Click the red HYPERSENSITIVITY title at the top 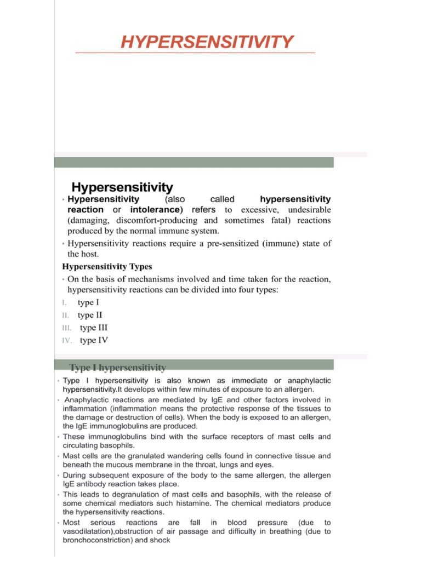207,42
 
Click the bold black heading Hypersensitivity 123,188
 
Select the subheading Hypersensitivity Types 107,267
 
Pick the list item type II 90,315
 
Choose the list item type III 94,328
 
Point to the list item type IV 94,340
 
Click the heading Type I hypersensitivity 118,367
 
